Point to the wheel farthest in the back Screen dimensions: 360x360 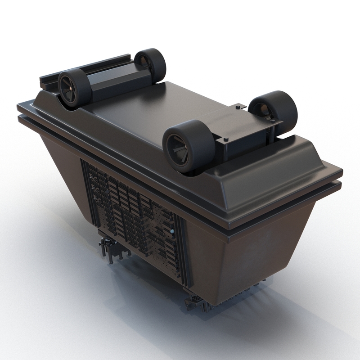point(150,65)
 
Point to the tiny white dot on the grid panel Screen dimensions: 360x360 point(171,232)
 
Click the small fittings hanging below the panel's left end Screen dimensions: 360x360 point(108,247)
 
